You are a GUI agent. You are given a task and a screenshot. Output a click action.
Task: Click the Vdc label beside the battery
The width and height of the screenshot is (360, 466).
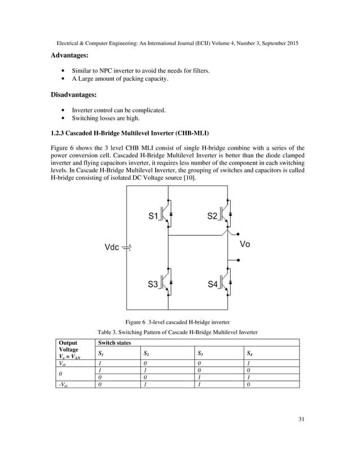pos(112,247)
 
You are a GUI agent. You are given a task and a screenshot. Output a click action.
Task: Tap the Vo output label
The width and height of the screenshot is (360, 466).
pos(245,244)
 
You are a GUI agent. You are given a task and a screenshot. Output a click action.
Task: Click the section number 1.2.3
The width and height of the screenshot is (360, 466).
pos(61,133)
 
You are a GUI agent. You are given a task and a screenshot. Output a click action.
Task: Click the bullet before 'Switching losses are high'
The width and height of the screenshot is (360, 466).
pos(62,118)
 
